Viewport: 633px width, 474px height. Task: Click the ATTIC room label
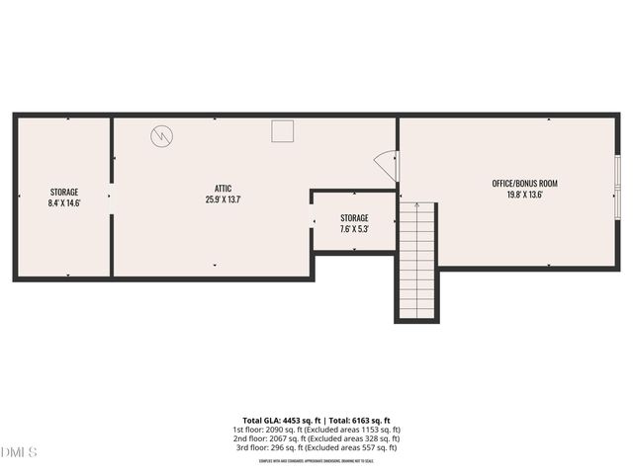coord(224,188)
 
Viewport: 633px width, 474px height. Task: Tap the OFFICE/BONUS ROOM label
coord(525,184)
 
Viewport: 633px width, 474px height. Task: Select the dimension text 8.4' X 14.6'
coord(64,203)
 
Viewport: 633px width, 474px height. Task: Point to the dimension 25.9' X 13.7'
coord(224,199)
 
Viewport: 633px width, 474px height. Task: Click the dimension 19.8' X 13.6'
coord(525,195)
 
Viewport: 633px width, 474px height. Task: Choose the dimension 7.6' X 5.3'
coord(354,229)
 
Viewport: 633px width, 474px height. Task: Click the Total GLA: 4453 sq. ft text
coord(277,420)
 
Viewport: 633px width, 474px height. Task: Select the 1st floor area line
coord(316,430)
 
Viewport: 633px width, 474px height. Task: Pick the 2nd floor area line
coord(316,438)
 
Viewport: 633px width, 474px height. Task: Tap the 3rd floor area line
coord(316,447)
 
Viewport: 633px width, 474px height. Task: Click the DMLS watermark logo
coord(19,452)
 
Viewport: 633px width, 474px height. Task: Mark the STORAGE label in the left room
coord(64,192)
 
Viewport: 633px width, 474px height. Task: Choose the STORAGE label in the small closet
coord(354,217)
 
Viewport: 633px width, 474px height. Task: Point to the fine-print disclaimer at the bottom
coord(316,460)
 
